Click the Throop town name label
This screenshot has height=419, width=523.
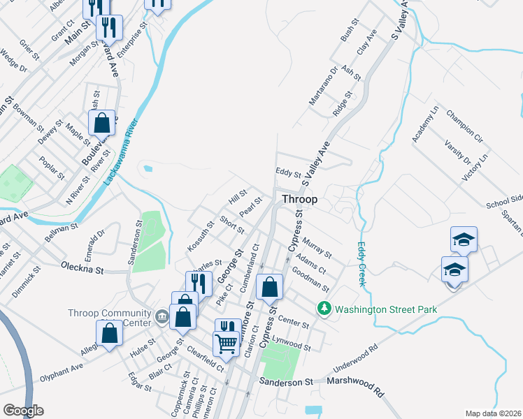(299, 199)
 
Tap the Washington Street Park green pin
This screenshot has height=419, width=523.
(324, 307)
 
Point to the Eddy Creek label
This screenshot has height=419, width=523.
(362, 264)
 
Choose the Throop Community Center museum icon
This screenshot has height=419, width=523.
(162, 318)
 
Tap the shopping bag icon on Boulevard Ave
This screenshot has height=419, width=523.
(101, 122)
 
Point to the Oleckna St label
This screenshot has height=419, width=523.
(82, 267)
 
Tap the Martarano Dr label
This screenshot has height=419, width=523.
(324, 85)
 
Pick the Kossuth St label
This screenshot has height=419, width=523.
(200, 237)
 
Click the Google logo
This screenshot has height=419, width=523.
(23, 411)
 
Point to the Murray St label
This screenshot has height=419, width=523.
(317, 247)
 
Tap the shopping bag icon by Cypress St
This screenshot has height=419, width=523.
(269, 286)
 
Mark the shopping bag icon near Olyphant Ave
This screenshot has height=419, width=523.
(110, 333)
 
